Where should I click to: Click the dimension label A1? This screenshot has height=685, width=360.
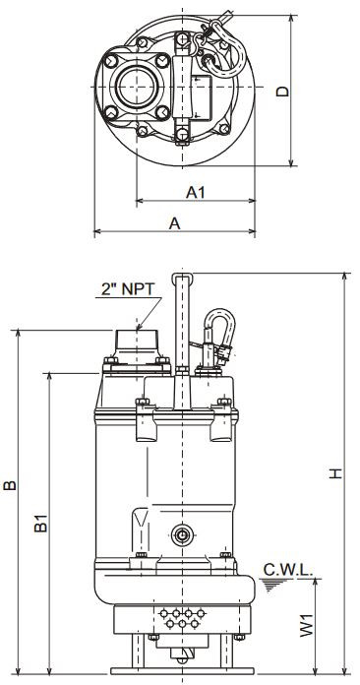tap(196, 192)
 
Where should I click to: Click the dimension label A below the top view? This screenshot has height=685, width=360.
tap(174, 223)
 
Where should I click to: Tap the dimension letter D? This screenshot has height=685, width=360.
tap(283, 91)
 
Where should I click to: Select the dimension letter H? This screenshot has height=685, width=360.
tap(335, 473)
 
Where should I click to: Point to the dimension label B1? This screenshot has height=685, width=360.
tap(41, 523)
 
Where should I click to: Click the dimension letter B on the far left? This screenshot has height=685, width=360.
tap(10, 485)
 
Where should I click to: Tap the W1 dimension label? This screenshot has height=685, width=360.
tap(307, 625)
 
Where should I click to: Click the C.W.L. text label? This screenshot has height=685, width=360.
tap(288, 570)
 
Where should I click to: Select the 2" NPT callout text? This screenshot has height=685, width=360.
tap(128, 288)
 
